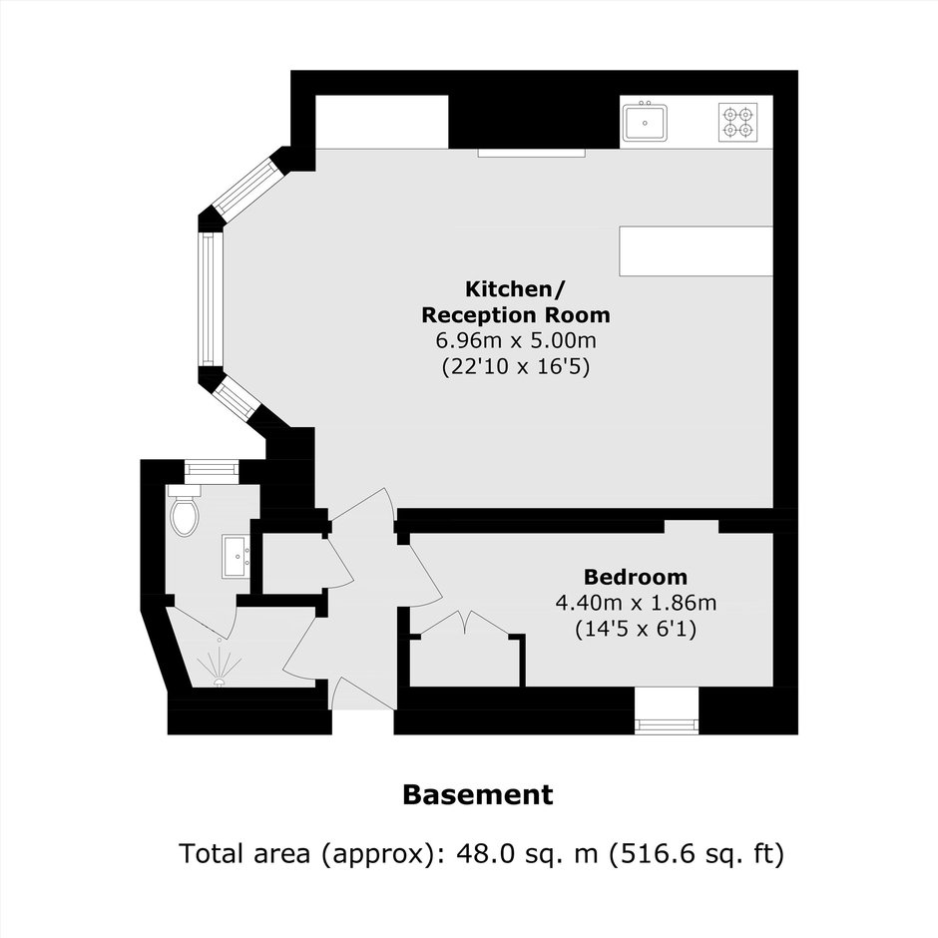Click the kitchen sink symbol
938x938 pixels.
645,123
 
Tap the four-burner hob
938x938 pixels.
737,122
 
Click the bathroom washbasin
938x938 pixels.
236,557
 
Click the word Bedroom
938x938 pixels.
636,577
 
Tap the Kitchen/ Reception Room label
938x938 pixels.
515,301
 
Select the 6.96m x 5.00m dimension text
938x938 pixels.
516,340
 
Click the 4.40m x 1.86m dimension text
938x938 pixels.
636,603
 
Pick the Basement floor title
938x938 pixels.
478,794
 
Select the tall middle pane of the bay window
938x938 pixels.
209,299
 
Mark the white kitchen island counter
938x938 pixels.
697,250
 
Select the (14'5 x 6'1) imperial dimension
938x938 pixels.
636,629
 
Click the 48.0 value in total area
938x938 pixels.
485,852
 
